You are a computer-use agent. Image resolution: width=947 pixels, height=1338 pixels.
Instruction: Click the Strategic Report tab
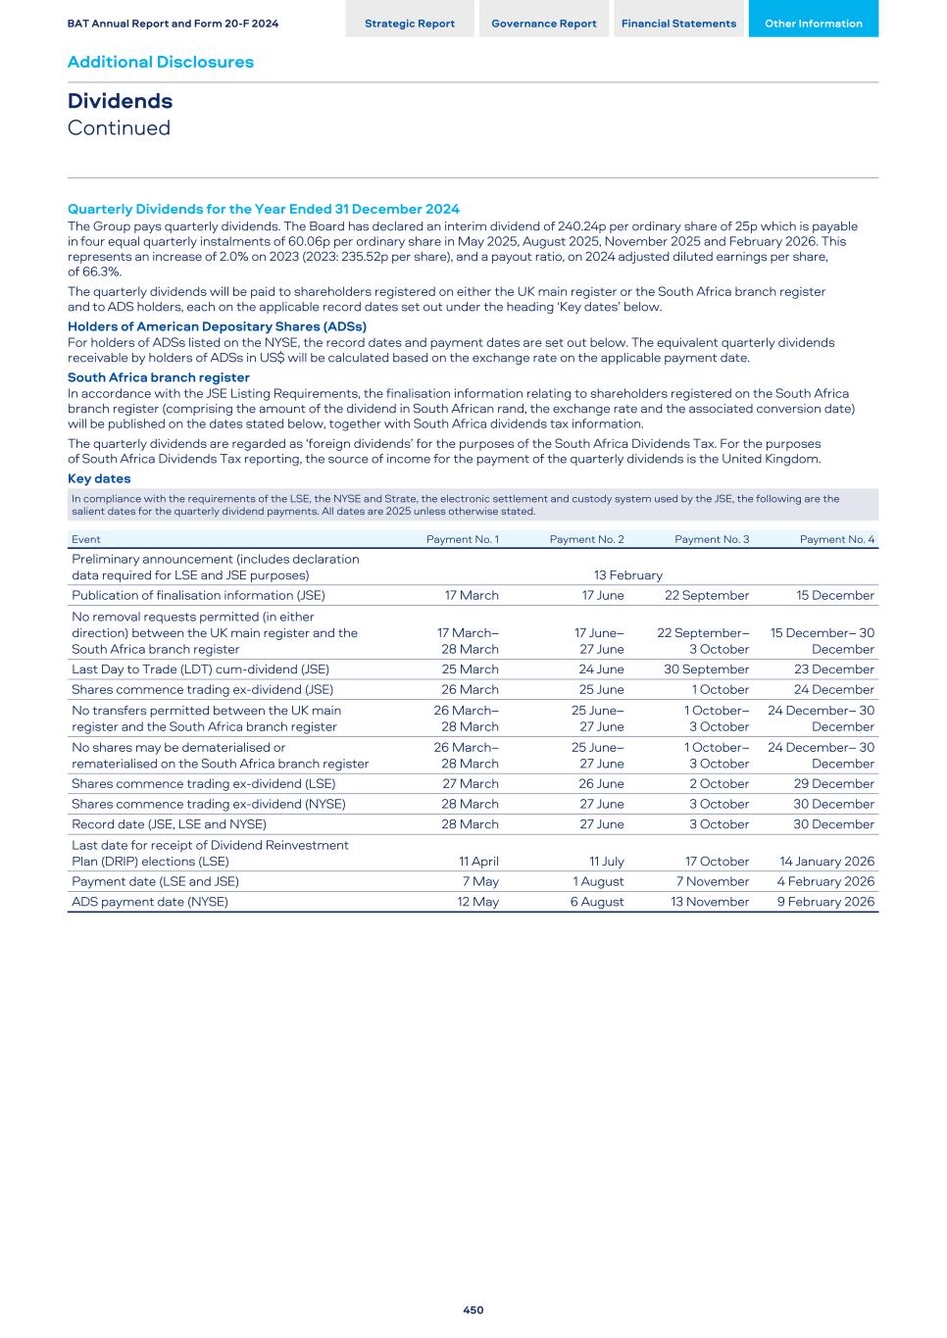409,24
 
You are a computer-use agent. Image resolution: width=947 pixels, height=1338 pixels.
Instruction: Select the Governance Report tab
543,24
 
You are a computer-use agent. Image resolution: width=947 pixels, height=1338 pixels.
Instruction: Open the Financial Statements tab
678,24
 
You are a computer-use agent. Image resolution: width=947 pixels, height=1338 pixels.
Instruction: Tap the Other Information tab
813,24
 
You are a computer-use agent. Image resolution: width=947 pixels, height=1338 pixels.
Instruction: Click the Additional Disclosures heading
160,62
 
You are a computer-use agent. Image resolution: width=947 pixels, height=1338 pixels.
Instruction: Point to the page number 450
473,1310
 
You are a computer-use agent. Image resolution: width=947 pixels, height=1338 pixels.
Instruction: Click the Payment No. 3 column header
712,539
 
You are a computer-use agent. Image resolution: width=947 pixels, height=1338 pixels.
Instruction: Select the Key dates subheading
99,478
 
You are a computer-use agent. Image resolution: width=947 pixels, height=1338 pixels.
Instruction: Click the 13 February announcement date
627,575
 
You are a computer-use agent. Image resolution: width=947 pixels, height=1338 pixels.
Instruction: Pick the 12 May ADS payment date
478,902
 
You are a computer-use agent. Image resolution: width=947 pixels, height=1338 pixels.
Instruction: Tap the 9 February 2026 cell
825,902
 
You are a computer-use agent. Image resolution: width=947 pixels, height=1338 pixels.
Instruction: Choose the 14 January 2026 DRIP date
826,862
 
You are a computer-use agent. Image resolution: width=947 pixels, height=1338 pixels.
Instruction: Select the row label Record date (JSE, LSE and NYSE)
169,824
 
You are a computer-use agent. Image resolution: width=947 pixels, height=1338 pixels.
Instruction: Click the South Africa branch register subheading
158,377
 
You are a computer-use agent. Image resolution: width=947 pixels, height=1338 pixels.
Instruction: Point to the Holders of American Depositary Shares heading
217,326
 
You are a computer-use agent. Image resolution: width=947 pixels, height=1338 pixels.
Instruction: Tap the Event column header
86,539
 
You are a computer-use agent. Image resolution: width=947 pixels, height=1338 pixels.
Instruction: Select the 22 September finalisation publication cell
706,595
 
